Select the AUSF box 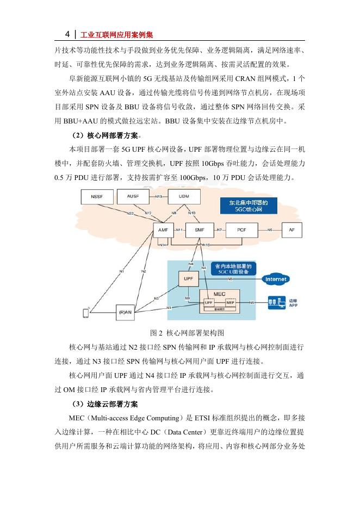[133, 196]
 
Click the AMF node [163, 230]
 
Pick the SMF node [200, 230]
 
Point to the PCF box [241, 230]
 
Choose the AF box [291, 230]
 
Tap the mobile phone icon [85, 313]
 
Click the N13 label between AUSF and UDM [158, 196]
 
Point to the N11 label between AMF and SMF [180, 230]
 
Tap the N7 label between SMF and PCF [219, 230]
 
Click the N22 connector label [131, 214]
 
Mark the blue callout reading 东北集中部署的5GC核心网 [249, 206]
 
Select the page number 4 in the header [67, 34]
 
